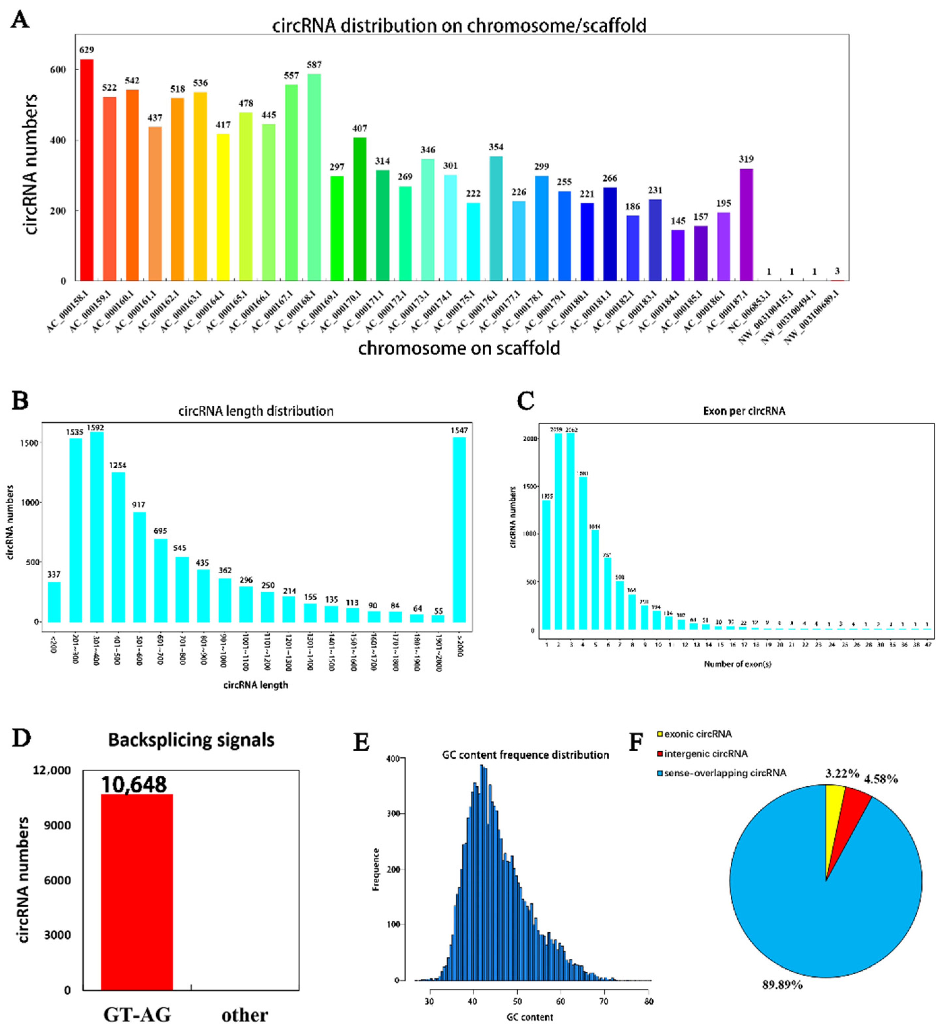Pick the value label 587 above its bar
coord(314,65)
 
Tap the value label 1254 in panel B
coord(118,465)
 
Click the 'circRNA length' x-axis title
coord(255,685)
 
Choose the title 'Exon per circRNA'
coord(744,411)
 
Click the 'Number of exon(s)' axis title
coord(737,664)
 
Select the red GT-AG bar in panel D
coord(137,893)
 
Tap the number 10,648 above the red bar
coord(134,785)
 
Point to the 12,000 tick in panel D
coord(52,770)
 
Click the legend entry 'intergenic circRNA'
coord(706,754)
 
